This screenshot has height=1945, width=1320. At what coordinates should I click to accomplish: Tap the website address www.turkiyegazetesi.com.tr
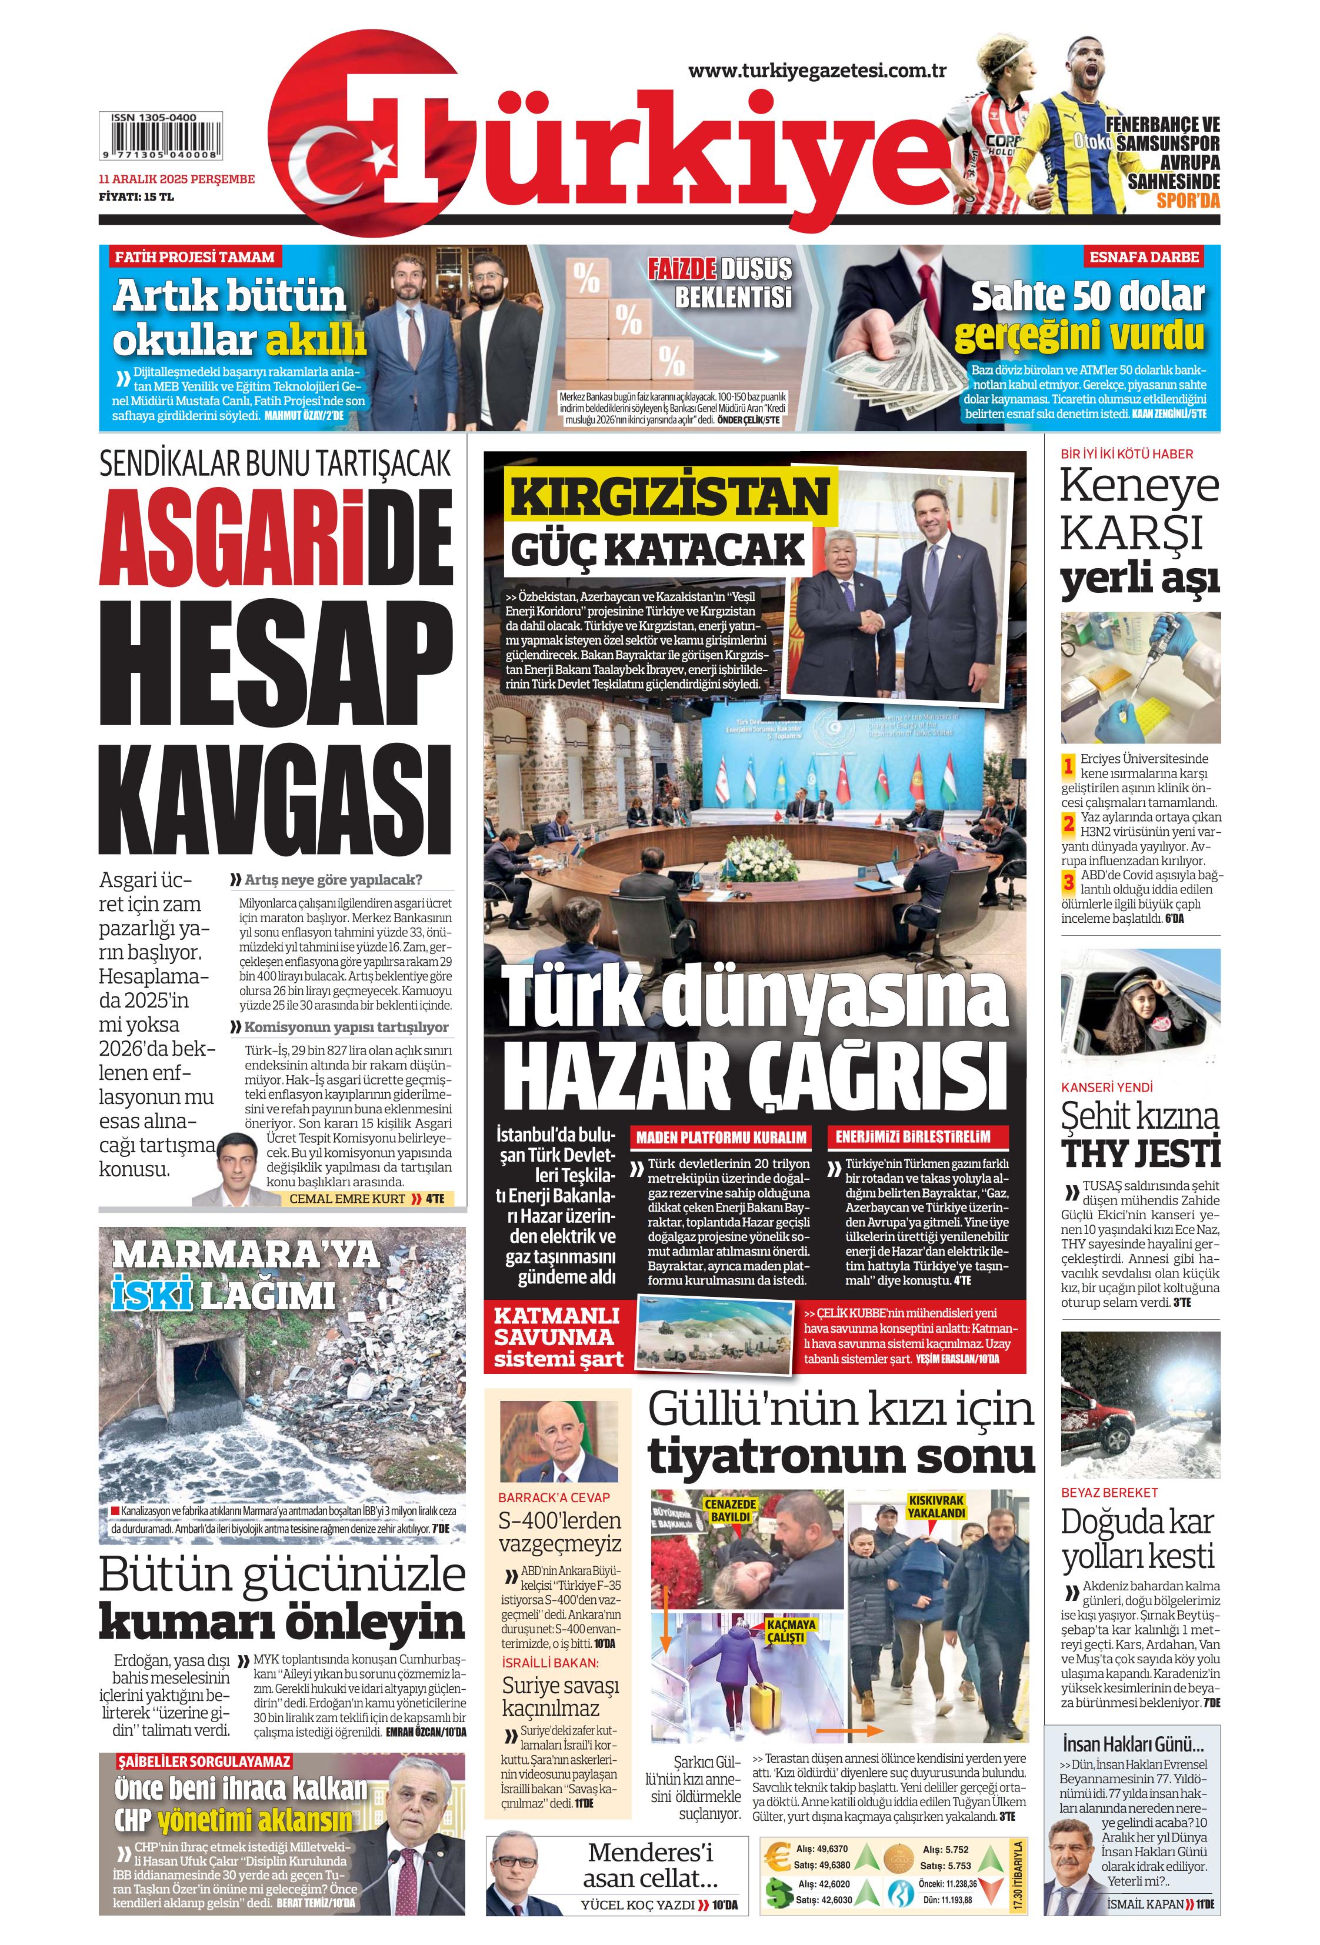click(x=816, y=71)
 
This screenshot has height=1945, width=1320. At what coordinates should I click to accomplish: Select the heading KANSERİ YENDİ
click(x=1106, y=1087)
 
